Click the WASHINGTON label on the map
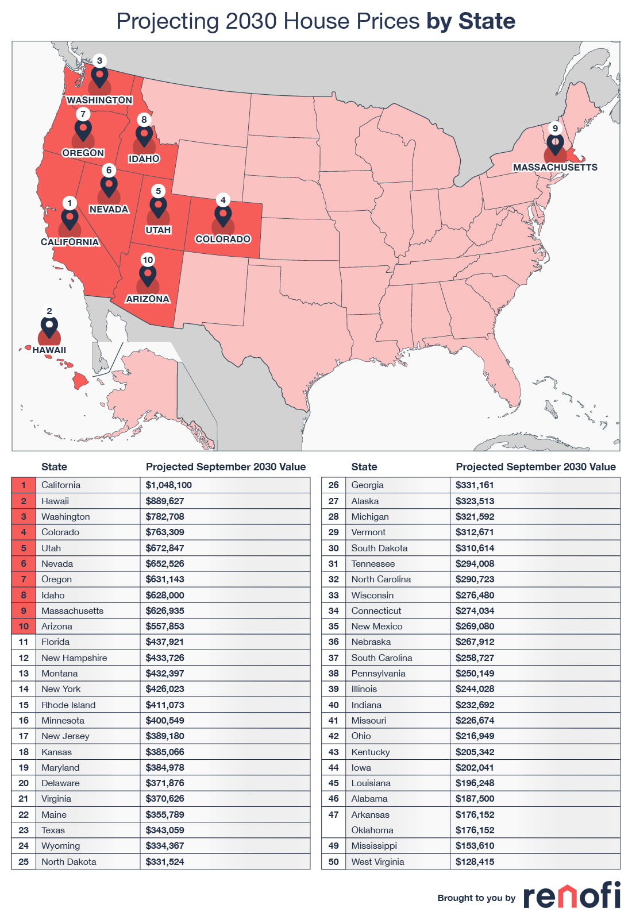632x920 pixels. coord(99,100)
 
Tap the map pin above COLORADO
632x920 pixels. coord(223,215)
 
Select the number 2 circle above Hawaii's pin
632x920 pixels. coord(49,311)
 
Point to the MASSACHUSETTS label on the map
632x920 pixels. coord(555,167)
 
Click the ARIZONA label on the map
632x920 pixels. coord(148,299)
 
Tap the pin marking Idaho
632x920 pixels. coord(144,136)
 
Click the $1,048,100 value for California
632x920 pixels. coord(168,485)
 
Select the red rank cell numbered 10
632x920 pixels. coord(24,626)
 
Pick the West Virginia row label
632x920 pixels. coord(377,861)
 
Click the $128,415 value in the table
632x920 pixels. coord(475,861)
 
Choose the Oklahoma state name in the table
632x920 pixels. coord(372,830)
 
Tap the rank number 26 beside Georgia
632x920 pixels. coord(333,485)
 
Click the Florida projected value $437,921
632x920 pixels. coord(164,641)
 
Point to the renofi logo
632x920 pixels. coord(571,896)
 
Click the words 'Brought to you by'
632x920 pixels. coord(476,898)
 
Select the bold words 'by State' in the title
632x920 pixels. coord(471,21)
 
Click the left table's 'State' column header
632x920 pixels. coord(54,466)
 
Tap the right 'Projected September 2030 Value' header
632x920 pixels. coord(535,466)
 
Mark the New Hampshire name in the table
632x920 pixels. coord(74,658)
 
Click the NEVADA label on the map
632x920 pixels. coord(109,209)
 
